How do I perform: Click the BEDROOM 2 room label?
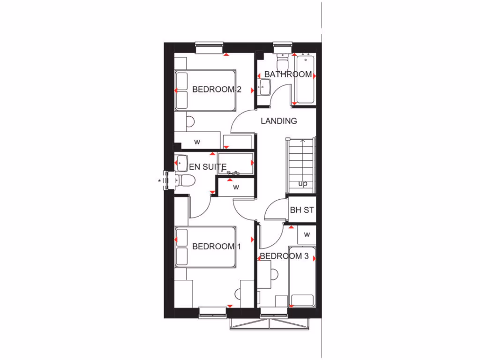(217, 90)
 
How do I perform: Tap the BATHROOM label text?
(288, 74)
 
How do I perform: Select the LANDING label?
(279, 121)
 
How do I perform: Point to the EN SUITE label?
(208, 166)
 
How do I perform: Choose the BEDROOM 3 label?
(284, 256)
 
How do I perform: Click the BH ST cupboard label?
(302, 210)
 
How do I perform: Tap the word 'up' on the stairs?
(303, 183)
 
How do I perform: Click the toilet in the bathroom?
(283, 61)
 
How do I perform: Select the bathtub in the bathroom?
(305, 78)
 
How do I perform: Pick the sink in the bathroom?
(264, 86)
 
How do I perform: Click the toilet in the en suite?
(186, 180)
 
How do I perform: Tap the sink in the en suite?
(180, 162)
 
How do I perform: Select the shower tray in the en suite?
(236, 163)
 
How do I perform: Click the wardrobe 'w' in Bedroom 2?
(197, 141)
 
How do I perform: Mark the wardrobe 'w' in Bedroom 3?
(307, 234)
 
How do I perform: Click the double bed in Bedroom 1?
(204, 247)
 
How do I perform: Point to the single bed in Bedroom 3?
(302, 277)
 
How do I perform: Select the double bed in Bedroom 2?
(204, 90)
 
